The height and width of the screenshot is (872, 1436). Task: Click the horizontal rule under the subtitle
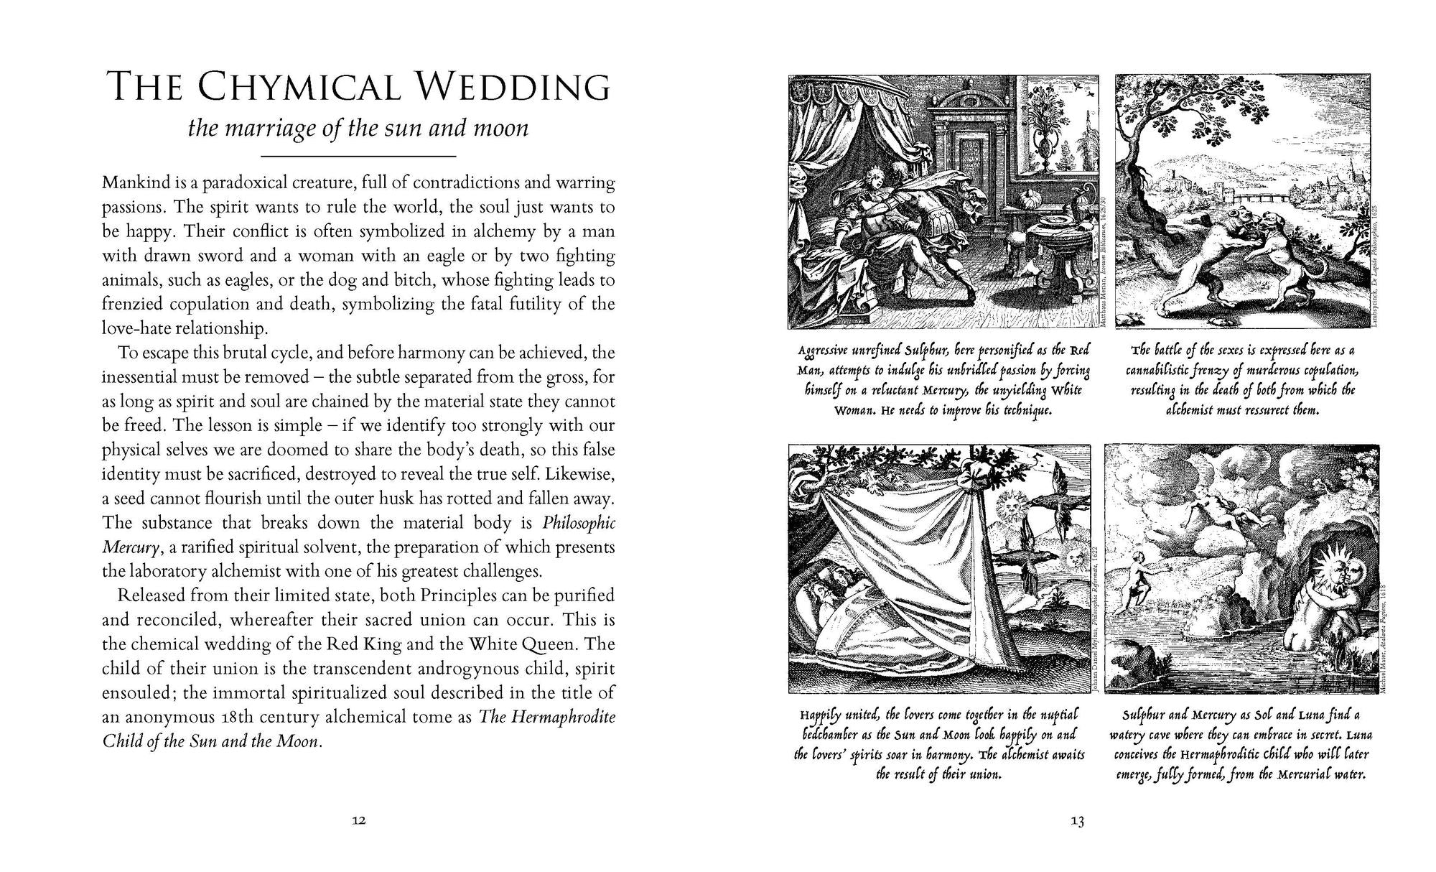pos(358,156)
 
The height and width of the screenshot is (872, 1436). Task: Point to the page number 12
pos(359,821)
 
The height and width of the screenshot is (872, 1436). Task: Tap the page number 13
pos(1077,821)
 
